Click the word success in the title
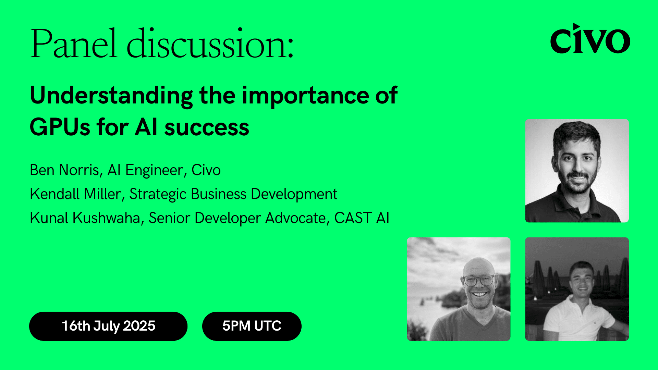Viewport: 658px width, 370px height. tap(207, 128)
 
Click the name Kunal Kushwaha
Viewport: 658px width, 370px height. tap(85, 218)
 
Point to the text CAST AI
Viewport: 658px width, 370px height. tap(362, 218)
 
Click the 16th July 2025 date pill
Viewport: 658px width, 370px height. tap(108, 326)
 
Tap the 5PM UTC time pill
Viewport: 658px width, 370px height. tap(252, 326)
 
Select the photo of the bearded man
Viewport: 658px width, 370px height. tap(577, 171)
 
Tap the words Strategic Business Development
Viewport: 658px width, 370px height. tap(233, 194)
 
